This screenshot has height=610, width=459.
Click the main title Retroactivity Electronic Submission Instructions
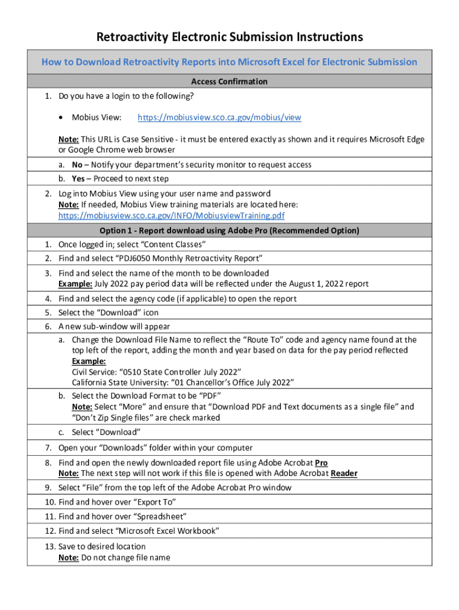[229, 37]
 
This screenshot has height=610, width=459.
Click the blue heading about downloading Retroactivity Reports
[229, 62]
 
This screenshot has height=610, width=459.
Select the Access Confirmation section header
[229, 82]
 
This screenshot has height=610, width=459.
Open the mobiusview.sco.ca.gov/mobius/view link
[219, 118]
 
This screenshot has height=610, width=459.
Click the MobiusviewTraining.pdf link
[171, 216]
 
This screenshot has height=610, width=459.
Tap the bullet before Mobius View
[61, 118]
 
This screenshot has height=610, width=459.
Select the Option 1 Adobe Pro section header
[229, 231]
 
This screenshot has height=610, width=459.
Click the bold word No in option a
[77, 164]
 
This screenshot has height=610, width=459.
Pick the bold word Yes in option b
[78, 179]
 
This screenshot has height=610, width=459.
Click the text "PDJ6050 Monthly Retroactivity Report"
[185, 259]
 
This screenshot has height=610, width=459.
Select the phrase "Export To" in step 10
[154, 502]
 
